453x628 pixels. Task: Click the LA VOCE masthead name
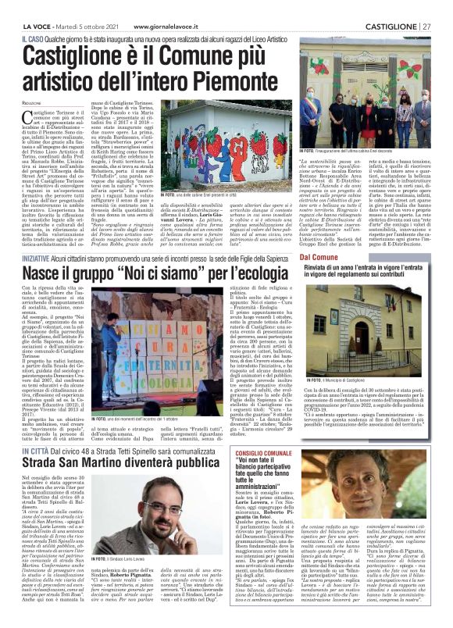point(33,7)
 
